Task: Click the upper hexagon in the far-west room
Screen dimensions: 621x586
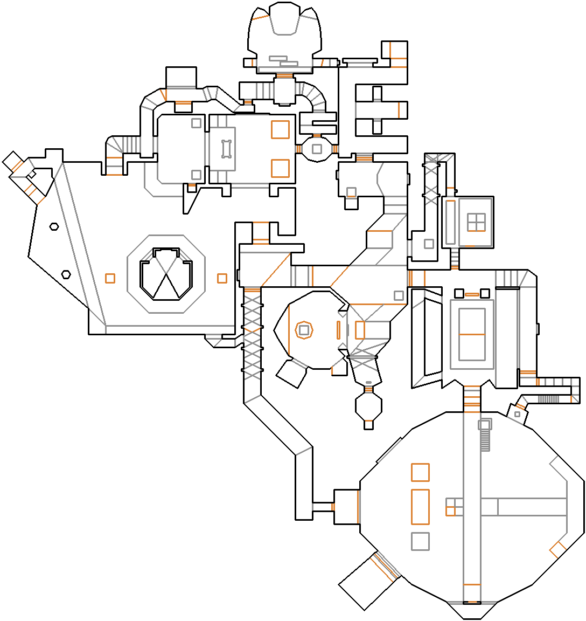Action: tap(54, 226)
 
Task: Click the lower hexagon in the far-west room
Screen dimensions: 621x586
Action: tap(66, 274)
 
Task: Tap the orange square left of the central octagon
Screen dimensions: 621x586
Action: tap(110, 278)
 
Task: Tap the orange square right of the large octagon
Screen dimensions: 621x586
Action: tap(222, 278)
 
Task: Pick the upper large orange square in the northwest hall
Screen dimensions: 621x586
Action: tap(280, 130)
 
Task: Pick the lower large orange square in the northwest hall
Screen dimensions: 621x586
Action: tap(280, 168)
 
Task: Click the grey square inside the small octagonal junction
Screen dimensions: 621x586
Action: tap(317, 149)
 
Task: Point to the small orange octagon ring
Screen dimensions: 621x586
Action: tap(304, 329)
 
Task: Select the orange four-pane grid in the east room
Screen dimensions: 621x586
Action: tap(476, 222)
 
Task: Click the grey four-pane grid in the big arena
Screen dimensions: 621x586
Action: tap(454, 507)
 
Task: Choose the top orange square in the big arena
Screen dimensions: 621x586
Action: tap(420, 472)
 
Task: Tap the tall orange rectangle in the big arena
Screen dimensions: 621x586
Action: tap(420, 507)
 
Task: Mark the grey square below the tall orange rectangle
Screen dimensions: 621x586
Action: tap(420, 542)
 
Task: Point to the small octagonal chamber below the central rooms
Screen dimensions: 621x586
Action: tap(368, 405)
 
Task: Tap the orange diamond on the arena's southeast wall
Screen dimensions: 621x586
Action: tap(557, 549)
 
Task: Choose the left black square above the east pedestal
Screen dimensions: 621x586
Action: tap(459, 293)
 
